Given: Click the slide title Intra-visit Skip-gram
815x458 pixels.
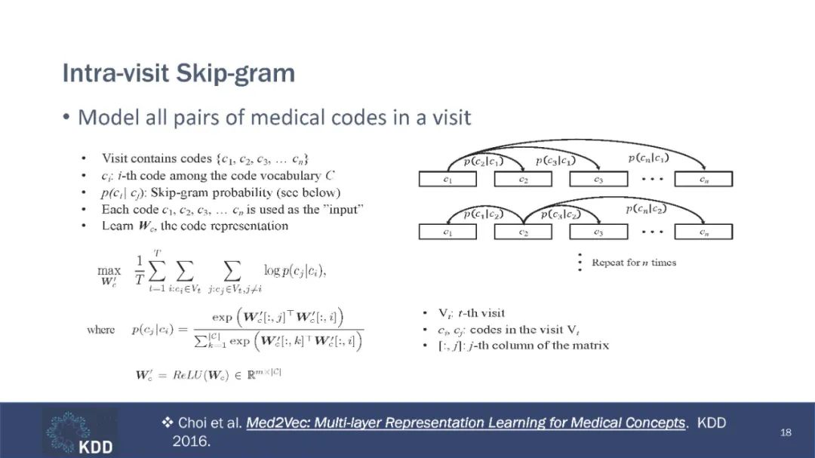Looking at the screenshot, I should (178, 74).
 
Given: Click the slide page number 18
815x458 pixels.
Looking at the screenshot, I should (786, 432).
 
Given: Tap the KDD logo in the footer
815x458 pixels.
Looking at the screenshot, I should (79, 432).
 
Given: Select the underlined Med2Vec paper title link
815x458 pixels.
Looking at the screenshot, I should (466, 423).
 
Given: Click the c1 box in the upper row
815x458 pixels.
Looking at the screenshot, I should (447, 180).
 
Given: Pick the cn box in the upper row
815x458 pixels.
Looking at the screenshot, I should (703, 180).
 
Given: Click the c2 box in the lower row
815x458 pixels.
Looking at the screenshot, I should (523, 232).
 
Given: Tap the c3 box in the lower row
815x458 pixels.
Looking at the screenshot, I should (598, 232).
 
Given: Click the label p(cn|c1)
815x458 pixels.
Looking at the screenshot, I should (648, 158).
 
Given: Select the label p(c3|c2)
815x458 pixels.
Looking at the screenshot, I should (559, 214).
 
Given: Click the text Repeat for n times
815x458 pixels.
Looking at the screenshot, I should (634, 263).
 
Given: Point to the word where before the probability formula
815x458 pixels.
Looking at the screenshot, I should (101, 330).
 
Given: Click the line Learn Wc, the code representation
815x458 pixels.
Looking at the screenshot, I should (195, 226).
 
